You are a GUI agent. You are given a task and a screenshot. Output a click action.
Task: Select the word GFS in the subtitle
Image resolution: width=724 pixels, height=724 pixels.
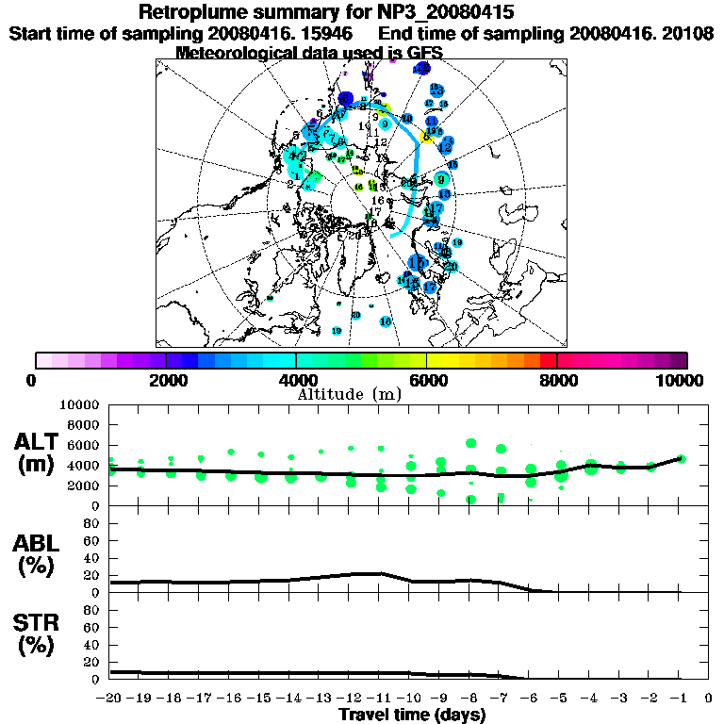coord(424,53)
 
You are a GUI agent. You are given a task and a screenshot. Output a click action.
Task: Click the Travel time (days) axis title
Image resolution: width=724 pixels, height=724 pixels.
coord(412,715)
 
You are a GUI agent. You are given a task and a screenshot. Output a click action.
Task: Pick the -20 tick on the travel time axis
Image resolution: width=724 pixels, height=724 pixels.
coord(109,699)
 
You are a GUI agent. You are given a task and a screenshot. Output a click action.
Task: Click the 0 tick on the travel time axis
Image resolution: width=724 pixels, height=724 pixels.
coord(709,699)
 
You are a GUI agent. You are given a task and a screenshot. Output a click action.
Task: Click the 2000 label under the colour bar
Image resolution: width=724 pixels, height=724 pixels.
coord(166,380)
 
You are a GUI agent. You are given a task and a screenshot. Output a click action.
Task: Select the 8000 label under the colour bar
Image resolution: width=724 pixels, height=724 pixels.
coord(557,380)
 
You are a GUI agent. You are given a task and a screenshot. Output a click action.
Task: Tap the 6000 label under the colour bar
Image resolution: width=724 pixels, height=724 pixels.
coord(427,380)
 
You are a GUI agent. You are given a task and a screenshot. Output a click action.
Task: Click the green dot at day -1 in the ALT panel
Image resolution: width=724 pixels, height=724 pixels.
coord(681,459)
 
